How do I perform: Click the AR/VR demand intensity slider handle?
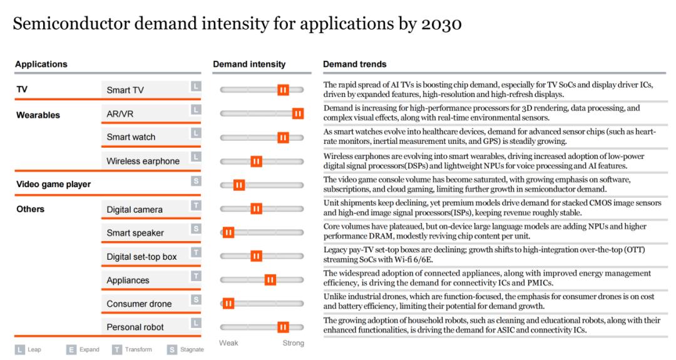[x=297, y=114]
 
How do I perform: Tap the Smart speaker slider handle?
[x=228, y=233]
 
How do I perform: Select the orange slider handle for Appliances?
[x=270, y=280]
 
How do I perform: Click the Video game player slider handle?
[x=239, y=185]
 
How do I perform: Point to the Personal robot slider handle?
[x=283, y=327]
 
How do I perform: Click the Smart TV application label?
[x=125, y=90]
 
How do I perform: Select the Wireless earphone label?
[x=143, y=162]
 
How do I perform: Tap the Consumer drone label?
[x=139, y=304]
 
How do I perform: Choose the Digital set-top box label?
[x=142, y=257]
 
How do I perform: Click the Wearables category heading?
[x=38, y=115]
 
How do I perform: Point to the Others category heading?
[x=30, y=209]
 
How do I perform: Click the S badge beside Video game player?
[x=196, y=181]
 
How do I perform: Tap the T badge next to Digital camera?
[x=196, y=205]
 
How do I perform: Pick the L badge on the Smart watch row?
[x=196, y=133]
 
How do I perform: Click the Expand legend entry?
[x=83, y=349]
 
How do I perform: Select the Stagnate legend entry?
[x=185, y=349]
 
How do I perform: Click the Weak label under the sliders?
[x=228, y=343]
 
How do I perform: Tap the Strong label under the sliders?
[x=293, y=343]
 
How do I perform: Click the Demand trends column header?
[x=355, y=64]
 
